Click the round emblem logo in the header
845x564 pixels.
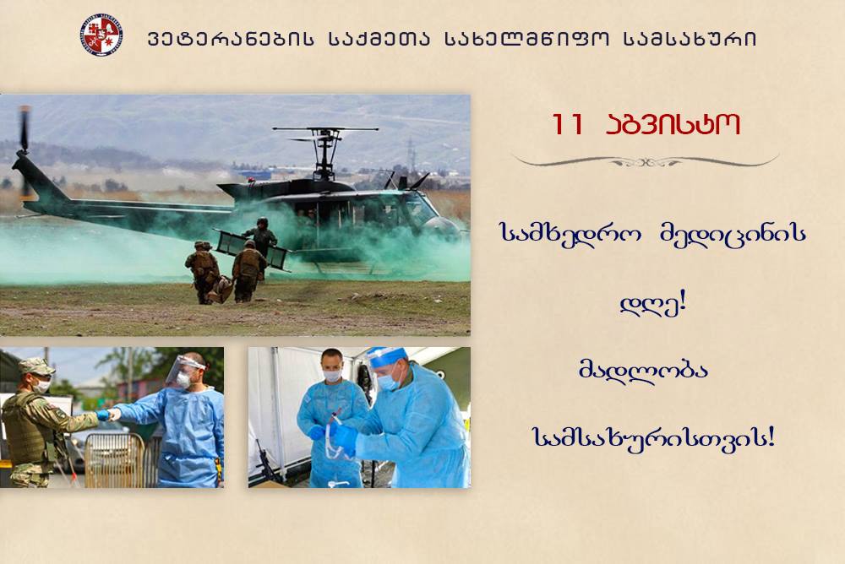click(101, 35)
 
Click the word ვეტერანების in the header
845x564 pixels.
click(230, 40)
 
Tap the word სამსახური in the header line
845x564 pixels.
click(690, 40)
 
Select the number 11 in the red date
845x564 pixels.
click(568, 124)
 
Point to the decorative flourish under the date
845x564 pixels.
click(645, 160)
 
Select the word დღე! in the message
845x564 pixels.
click(652, 304)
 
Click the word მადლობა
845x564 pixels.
click(643, 370)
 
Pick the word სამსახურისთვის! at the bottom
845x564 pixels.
click(653, 437)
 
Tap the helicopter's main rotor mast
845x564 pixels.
click(325, 153)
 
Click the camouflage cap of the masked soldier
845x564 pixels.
click(35, 366)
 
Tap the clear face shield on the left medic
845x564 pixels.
click(184, 371)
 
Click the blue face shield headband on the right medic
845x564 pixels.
click(386, 354)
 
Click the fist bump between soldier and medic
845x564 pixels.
click(108, 415)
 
